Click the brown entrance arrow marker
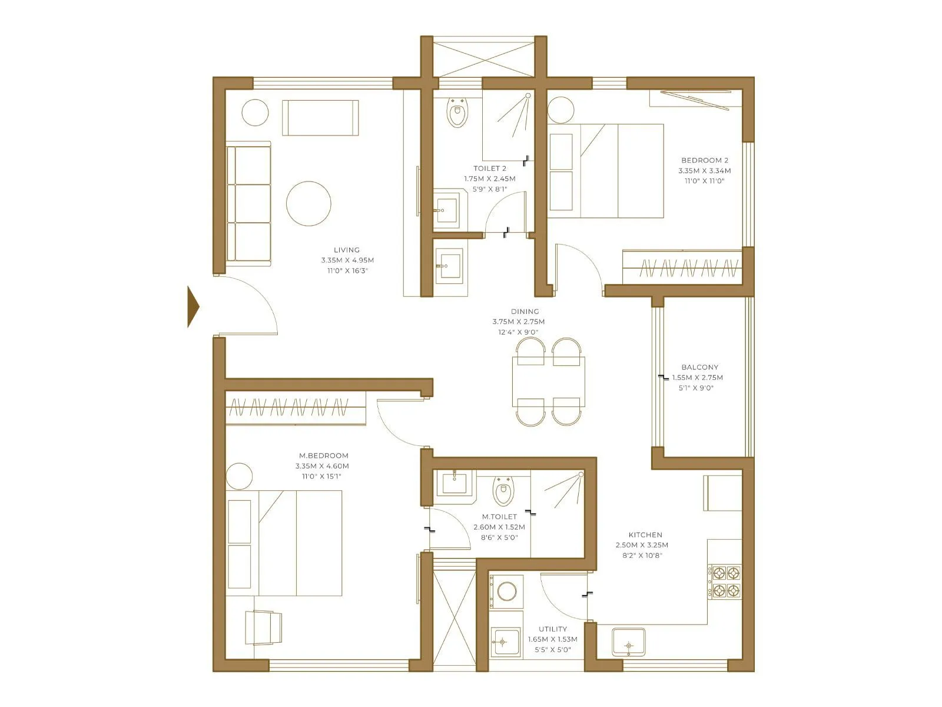(x=193, y=306)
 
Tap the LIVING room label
(x=347, y=250)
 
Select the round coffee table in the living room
(x=309, y=203)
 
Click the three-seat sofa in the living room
(x=248, y=203)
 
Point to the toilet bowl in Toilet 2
(x=457, y=113)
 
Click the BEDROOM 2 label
(x=705, y=160)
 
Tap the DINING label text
(x=525, y=312)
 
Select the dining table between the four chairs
(x=548, y=382)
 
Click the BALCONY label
(x=699, y=367)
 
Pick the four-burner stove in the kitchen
(x=725, y=582)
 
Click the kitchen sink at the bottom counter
(x=628, y=643)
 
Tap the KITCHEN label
(x=645, y=535)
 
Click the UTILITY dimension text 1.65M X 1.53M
(x=552, y=639)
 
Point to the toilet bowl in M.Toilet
(x=503, y=491)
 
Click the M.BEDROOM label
(x=323, y=455)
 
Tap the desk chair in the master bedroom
(x=263, y=627)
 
